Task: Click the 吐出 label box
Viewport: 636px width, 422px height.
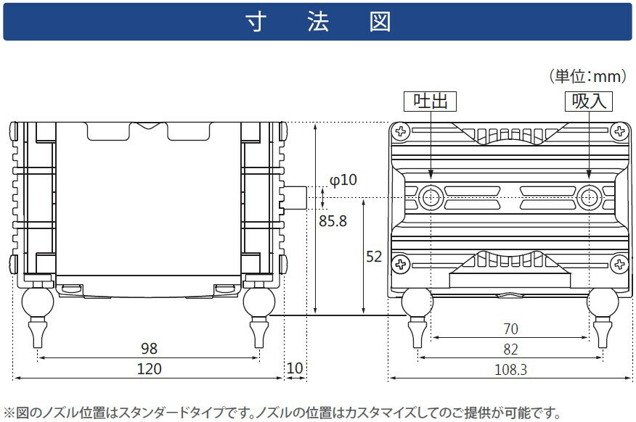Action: (430, 101)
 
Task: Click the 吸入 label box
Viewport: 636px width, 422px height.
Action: (589, 101)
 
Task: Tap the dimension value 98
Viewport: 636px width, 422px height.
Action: (149, 348)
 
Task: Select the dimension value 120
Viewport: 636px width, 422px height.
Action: (150, 368)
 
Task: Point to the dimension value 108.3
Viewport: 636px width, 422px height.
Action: (510, 369)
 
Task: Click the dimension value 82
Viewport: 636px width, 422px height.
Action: (510, 349)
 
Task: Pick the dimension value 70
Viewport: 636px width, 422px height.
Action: (510, 329)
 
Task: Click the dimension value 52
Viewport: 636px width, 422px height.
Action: (374, 257)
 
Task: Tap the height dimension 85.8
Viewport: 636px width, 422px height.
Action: (333, 221)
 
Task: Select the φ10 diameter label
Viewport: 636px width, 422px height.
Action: (343, 180)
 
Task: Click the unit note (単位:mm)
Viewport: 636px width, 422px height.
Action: (588, 76)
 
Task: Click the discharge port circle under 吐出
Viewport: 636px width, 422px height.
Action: (431, 198)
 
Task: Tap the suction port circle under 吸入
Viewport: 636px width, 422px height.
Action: (589, 198)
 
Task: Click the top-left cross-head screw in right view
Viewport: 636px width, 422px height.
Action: (401, 131)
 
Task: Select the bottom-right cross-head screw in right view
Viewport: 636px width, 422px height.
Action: (619, 265)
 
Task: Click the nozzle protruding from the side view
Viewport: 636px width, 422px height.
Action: (295, 198)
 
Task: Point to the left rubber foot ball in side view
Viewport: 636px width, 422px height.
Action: (37, 302)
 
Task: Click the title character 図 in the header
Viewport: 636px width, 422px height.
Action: (380, 22)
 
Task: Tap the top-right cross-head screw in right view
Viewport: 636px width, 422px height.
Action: (619, 131)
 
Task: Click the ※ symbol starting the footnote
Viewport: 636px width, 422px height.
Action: (9, 413)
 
